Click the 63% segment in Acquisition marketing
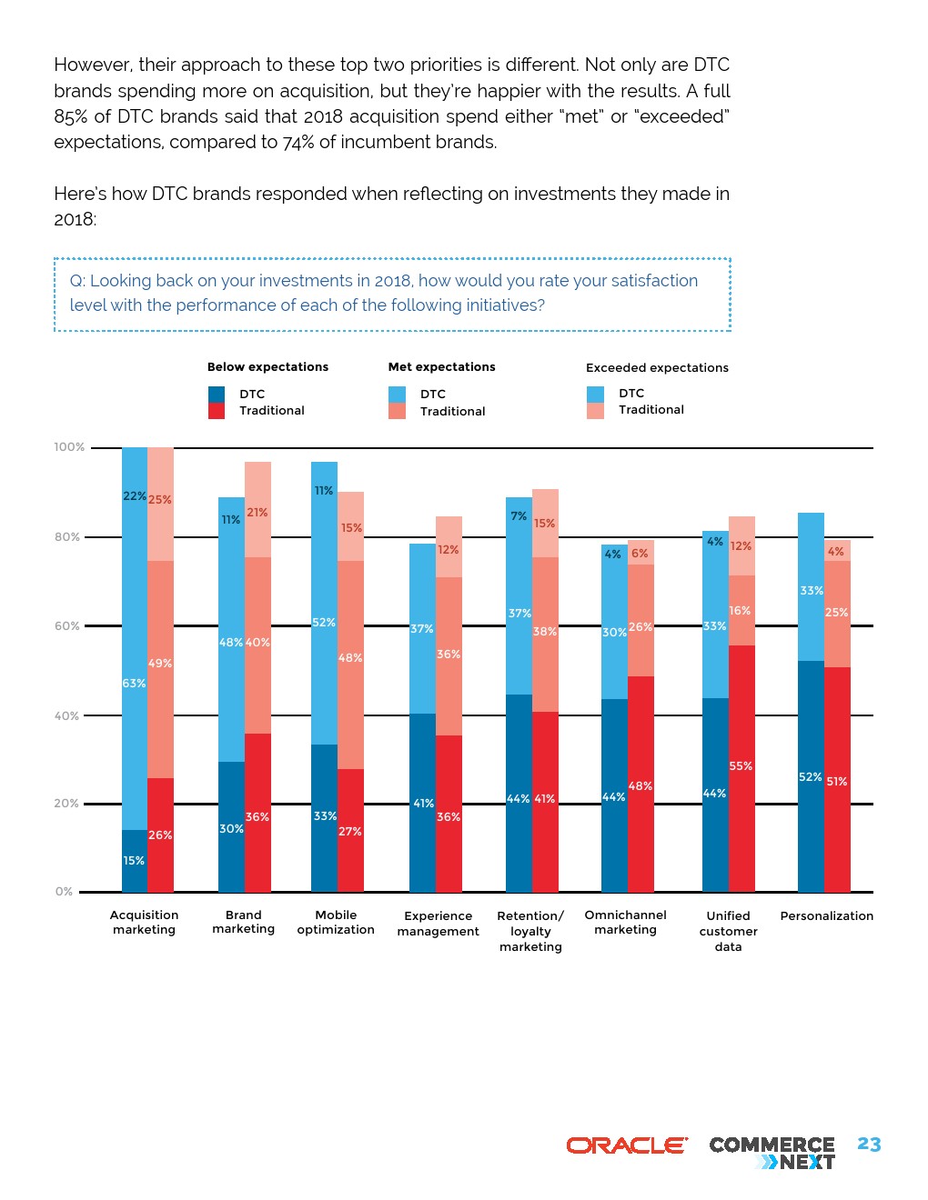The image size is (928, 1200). (135, 684)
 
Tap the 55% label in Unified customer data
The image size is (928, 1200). (741, 766)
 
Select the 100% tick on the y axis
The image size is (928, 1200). (69, 447)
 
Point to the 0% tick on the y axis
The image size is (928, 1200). (64, 892)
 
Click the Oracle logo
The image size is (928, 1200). (627, 1145)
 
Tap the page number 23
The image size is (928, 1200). (869, 1145)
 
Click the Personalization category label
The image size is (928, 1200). (826, 916)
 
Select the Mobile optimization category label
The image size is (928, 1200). (336, 923)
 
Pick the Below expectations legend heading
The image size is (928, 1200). (267, 367)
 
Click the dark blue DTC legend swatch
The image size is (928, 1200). (217, 395)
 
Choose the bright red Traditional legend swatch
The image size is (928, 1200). (217, 411)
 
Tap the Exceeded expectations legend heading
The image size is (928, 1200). (657, 368)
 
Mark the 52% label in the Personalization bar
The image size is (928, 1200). (810, 777)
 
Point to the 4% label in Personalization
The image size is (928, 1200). (835, 552)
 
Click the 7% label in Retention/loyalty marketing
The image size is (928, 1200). (519, 516)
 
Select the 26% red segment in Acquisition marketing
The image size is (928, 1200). (160, 835)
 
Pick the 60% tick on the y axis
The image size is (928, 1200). (67, 626)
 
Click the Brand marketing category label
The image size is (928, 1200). (244, 922)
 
